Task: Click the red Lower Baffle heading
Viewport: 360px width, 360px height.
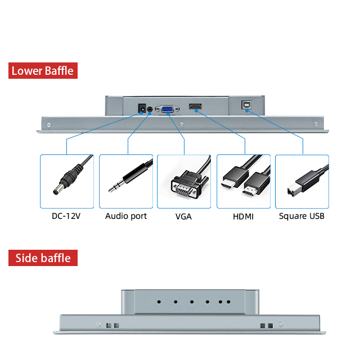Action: [42, 71]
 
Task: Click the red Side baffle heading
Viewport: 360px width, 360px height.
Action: [43, 258]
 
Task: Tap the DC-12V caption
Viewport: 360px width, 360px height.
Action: [67, 216]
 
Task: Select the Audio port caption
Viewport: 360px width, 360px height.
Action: [126, 216]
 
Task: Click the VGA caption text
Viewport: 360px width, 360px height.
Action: [183, 217]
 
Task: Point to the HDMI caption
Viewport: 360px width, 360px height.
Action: [243, 217]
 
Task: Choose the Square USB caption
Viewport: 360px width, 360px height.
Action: [301, 216]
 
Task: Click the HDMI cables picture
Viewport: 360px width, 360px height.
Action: [244, 182]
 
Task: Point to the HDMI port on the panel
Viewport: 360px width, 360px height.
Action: [196, 107]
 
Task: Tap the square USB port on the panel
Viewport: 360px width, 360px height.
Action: [246, 107]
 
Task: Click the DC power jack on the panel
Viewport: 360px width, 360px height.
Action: [142, 107]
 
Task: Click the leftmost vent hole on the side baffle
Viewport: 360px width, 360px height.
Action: [159, 302]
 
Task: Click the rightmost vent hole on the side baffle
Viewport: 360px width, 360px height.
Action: [228, 302]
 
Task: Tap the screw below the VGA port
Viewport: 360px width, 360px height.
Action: [181, 124]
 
